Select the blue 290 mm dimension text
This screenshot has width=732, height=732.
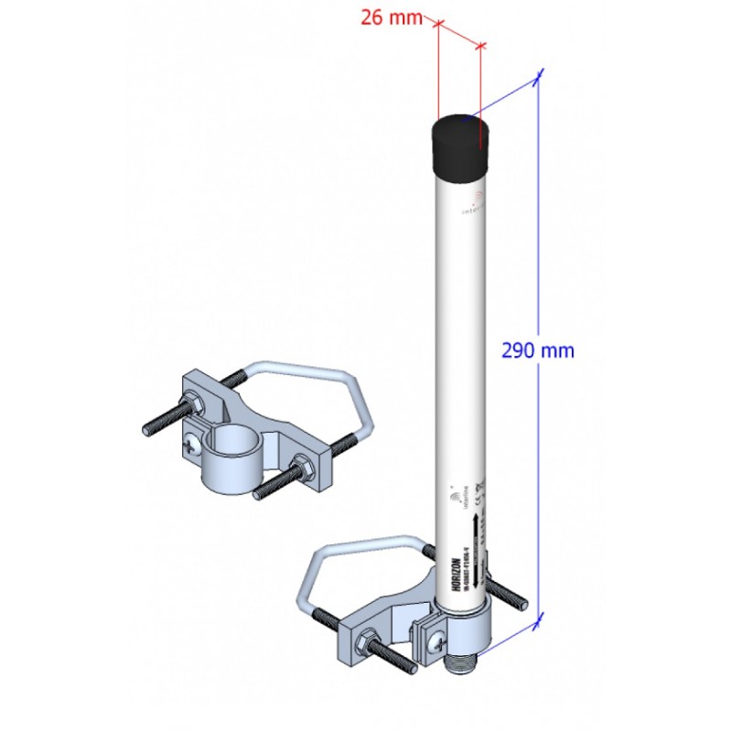click(x=538, y=350)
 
